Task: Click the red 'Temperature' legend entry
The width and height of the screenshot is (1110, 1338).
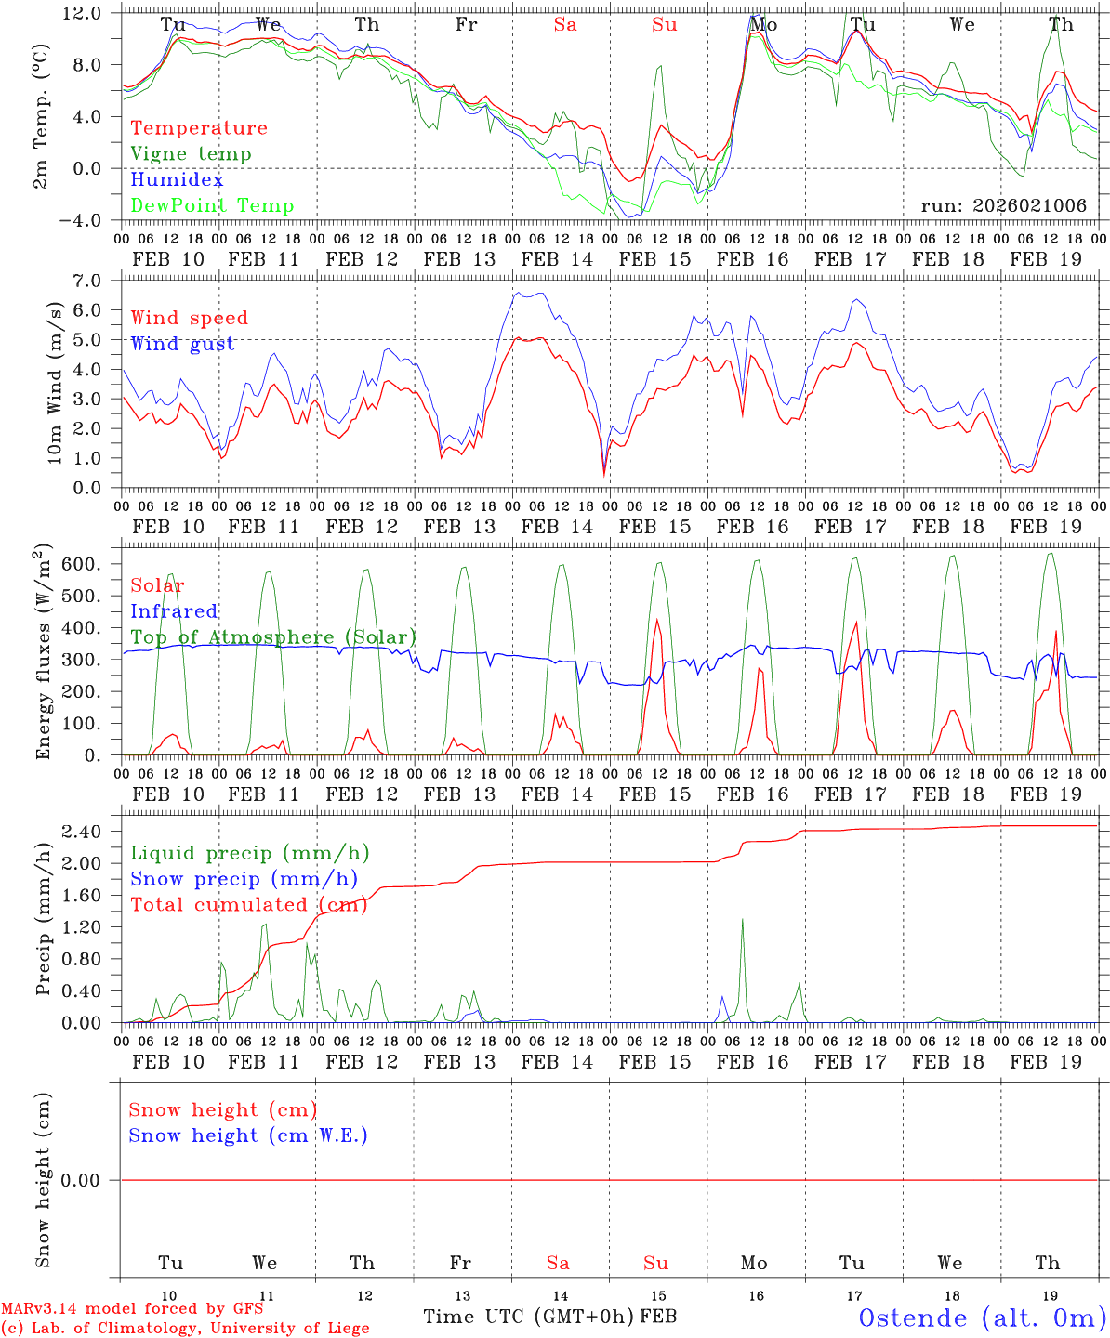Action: click(199, 128)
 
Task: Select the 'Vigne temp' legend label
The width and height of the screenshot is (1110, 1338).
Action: click(191, 154)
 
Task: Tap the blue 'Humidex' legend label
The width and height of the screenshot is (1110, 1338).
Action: click(177, 179)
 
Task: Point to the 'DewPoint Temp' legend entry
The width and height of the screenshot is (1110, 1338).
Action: click(212, 205)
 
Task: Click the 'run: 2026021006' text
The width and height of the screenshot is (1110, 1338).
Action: click(1003, 205)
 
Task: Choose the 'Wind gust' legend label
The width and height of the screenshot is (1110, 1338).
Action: click(182, 344)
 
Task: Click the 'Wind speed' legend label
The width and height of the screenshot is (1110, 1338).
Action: click(190, 318)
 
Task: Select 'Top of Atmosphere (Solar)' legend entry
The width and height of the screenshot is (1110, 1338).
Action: click(273, 637)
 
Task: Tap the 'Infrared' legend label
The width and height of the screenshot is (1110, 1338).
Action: click(174, 611)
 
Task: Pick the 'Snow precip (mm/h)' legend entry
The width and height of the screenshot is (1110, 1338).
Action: click(244, 879)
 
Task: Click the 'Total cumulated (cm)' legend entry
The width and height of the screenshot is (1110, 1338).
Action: click(248, 904)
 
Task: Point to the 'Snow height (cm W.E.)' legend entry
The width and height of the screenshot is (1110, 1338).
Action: click(248, 1135)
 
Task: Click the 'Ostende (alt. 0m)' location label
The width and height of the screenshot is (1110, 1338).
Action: click(983, 1318)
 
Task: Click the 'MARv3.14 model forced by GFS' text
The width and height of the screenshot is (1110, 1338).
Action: click(132, 1309)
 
